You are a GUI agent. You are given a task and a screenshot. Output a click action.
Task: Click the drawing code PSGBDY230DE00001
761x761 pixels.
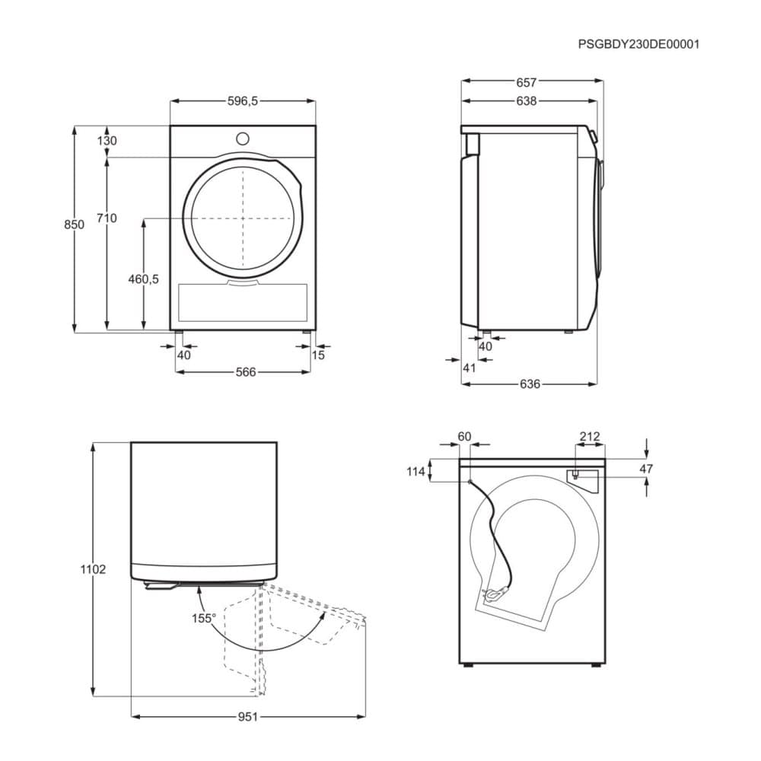(x=638, y=44)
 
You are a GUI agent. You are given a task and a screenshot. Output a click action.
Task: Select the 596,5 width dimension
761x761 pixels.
(x=243, y=101)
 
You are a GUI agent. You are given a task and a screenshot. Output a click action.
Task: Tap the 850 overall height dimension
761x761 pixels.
(x=75, y=224)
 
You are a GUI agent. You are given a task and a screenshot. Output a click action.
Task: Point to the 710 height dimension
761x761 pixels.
(x=107, y=218)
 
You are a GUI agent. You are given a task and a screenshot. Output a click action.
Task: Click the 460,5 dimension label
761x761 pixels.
(x=143, y=279)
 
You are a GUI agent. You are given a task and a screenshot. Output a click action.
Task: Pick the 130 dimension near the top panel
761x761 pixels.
(x=107, y=141)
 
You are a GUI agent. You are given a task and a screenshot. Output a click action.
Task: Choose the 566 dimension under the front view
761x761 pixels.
(x=246, y=372)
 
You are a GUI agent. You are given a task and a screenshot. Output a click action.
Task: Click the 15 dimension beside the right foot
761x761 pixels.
(x=318, y=355)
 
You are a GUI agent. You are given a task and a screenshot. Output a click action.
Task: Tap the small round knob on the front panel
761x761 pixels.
(x=243, y=139)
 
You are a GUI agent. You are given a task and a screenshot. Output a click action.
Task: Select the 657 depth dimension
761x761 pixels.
(x=526, y=82)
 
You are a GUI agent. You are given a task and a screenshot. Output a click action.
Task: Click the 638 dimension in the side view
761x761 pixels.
(x=526, y=101)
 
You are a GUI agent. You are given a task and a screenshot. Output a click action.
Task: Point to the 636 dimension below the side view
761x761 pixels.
(x=530, y=384)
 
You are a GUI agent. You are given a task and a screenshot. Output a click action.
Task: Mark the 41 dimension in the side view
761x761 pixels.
(x=470, y=368)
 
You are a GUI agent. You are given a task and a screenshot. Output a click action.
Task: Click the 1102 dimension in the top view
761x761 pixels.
(x=93, y=568)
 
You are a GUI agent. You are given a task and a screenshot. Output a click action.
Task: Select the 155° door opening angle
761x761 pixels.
(x=203, y=618)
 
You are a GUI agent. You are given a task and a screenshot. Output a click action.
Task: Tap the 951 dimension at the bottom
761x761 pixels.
(x=247, y=716)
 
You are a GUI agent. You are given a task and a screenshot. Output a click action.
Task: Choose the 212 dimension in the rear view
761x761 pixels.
(x=590, y=437)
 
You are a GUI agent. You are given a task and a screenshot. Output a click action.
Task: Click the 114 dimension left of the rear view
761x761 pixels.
(x=416, y=471)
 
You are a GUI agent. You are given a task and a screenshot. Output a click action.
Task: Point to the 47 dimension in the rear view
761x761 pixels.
(x=646, y=469)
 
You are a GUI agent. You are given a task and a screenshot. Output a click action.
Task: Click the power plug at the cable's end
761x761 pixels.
(x=495, y=593)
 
